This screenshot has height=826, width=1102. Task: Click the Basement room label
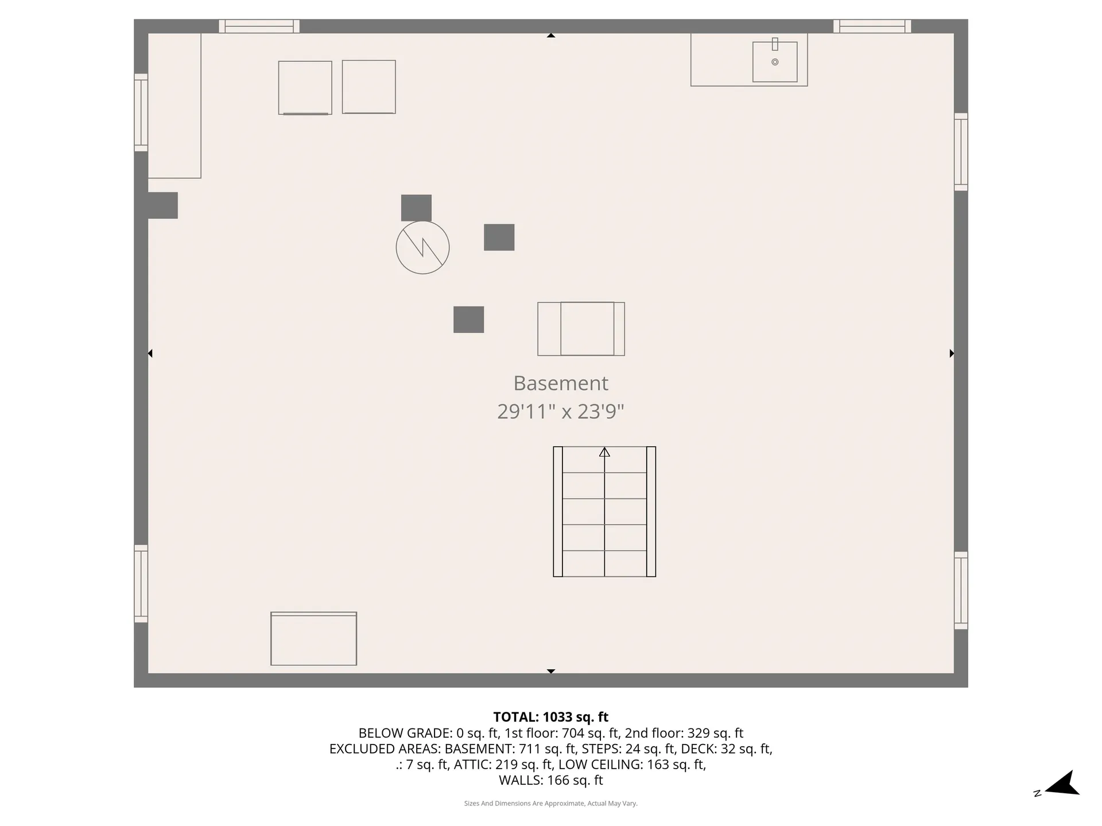click(560, 383)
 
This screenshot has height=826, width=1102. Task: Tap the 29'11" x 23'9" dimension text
click(560, 412)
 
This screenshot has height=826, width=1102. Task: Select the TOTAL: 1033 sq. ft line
click(550, 717)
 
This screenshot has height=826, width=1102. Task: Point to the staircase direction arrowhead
click(604, 453)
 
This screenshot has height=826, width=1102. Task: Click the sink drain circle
click(775, 62)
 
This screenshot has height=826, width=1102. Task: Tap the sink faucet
click(775, 44)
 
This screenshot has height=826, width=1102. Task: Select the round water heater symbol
click(422, 247)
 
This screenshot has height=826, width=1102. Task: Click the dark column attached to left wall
click(163, 205)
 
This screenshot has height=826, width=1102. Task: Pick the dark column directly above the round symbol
click(416, 208)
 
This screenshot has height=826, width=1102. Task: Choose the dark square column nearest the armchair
click(468, 320)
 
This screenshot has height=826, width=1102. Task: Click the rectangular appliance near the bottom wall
click(313, 639)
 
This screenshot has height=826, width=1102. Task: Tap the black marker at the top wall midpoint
click(550, 36)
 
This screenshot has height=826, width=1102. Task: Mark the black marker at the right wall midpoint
click(951, 353)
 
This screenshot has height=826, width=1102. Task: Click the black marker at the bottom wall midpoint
click(550, 671)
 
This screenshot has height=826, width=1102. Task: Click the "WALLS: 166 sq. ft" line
click(550, 780)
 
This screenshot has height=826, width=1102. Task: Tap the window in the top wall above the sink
click(872, 26)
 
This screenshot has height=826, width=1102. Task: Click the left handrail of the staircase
click(558, 512)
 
